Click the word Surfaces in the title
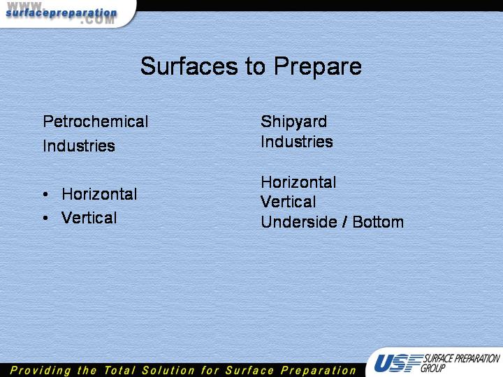tap(189, 66)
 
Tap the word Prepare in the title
tap(318, 67)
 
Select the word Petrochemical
tap(96, 121)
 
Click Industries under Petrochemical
tap(79, 146)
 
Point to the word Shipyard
tap(294, 122)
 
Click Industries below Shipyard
tap(297, 142)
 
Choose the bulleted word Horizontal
tap(99, 194)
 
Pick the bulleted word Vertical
tap(89, 218)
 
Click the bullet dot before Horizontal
tap(45, 194)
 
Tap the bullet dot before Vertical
tap(45, 218)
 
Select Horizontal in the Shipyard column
tap(298, 182)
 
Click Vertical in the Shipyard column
tap(289, 202)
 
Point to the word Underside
tap(300, 222)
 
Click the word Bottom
tap(378, 222)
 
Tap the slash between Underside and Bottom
tap(345, 222)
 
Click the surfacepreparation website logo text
tap(61, 13)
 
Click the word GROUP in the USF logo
tap(433, 368)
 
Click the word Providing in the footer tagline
tap(40, 371)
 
